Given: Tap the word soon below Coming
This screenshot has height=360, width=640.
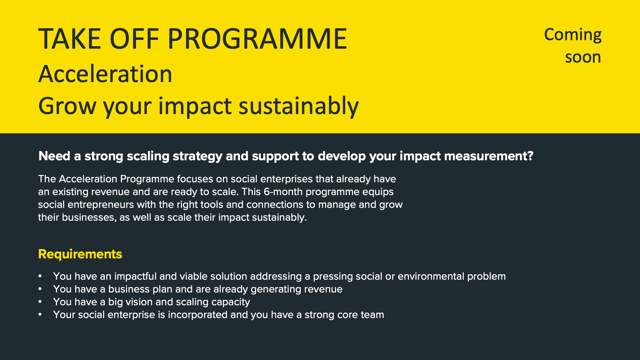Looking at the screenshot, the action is (583, 57).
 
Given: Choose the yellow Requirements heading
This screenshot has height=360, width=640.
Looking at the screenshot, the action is (80, 254).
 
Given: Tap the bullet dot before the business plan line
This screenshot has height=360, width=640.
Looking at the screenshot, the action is (40, 289).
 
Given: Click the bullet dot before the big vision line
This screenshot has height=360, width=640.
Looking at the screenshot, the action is (40, 302).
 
